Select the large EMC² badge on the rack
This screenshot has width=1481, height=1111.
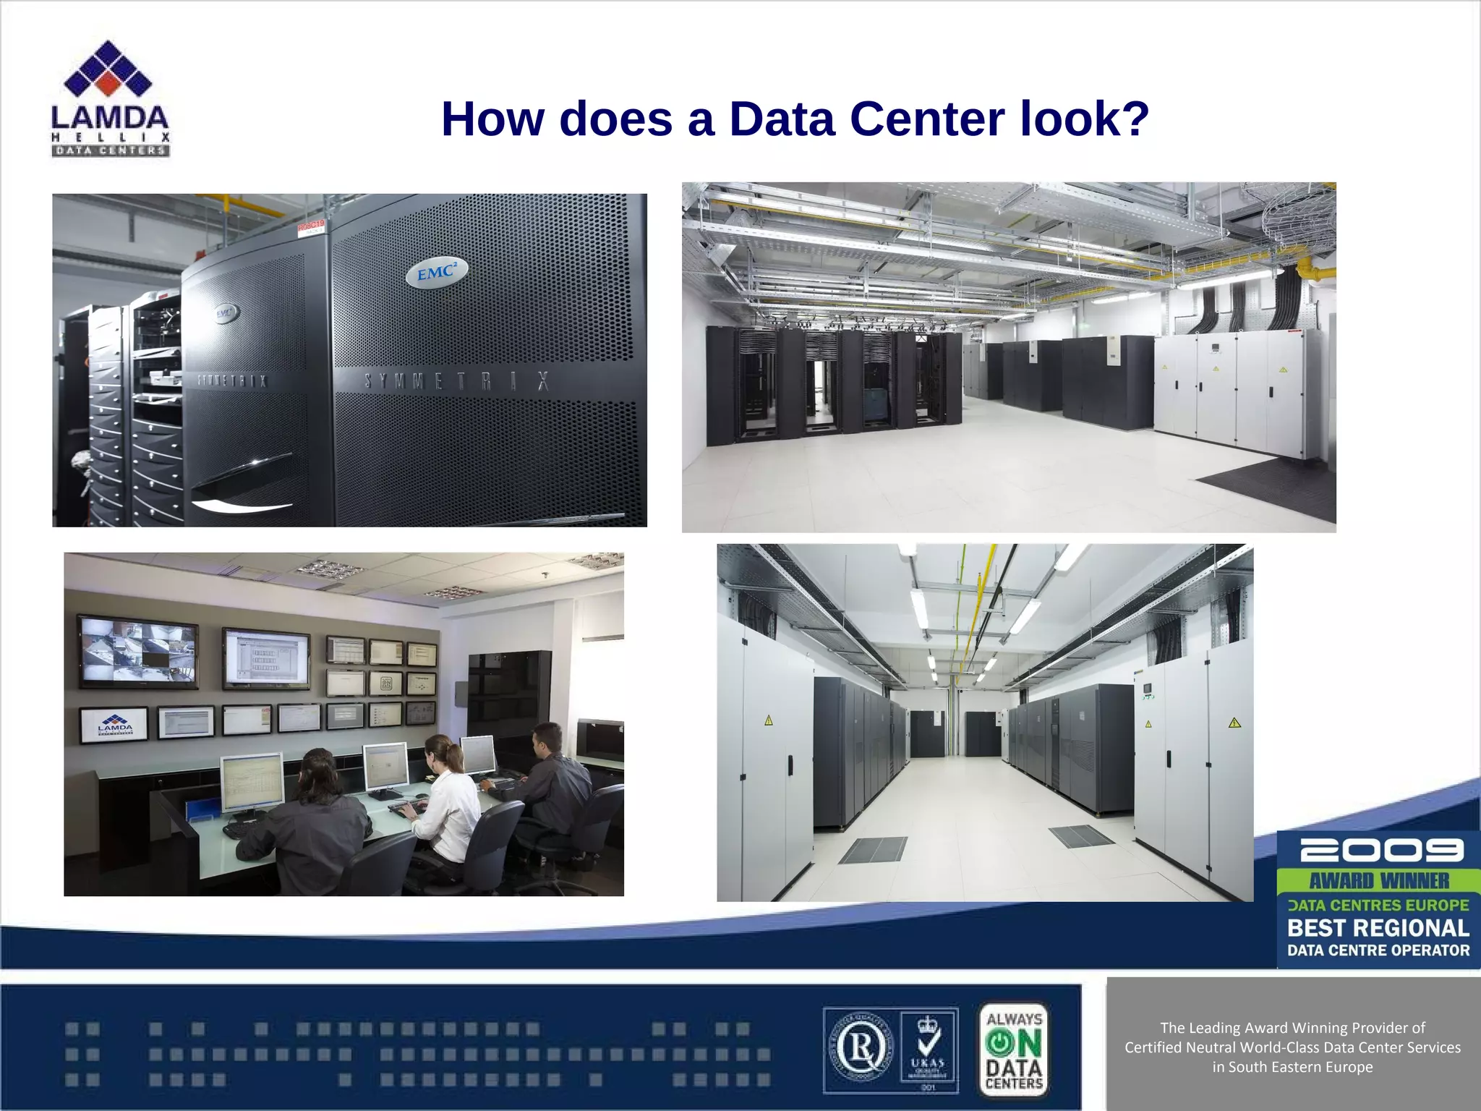436,273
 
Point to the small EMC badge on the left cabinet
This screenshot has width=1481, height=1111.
225,314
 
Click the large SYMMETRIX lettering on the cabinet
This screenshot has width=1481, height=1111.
456,381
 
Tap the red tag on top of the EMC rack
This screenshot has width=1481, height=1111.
311,228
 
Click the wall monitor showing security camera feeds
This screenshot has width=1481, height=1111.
137,651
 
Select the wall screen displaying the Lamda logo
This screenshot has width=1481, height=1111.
114,724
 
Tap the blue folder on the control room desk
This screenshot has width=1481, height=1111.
202,810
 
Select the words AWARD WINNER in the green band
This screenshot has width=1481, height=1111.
1378,880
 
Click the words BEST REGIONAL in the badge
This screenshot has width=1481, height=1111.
1378,927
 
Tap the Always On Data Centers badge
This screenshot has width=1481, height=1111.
1014,1049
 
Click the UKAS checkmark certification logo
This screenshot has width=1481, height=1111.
929,1049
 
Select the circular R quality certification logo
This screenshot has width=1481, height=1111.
860,1049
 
